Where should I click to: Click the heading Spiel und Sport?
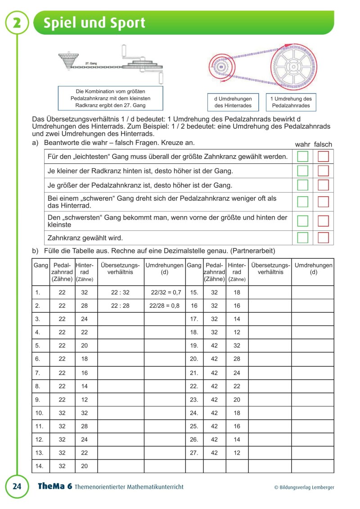[94, 23]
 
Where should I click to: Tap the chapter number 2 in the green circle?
[17, 23]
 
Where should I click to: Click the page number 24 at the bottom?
[17, 486]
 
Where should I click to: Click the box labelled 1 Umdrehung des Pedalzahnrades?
[291, 103]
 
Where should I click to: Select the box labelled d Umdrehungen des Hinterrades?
[233, 103]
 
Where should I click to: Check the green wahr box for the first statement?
[303, 157]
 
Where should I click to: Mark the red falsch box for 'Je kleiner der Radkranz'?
[324, 171]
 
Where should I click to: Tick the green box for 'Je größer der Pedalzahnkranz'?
[303, 185]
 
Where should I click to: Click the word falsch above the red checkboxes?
[323, 144]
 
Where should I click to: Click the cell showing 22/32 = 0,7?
[165, 293]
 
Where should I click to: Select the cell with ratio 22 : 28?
[120, 306]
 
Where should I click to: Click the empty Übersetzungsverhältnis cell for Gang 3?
[120, 319]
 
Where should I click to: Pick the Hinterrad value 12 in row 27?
[237, 453]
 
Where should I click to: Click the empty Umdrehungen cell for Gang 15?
[313, 293]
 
